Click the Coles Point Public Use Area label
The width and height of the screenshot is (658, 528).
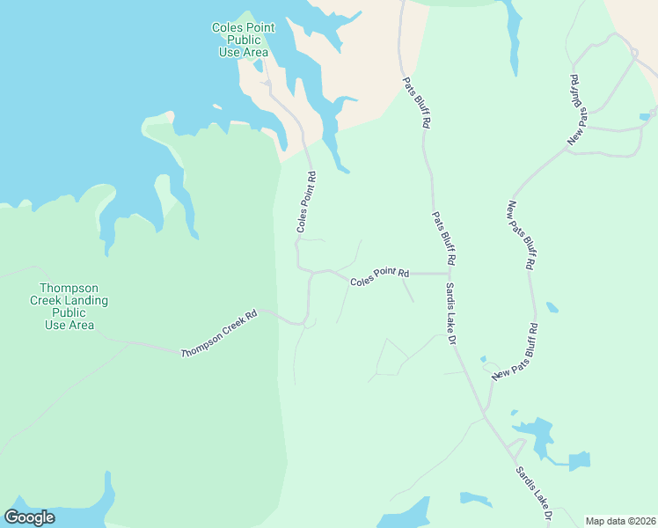point(244,40)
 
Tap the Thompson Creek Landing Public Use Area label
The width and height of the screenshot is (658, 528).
point(69,306)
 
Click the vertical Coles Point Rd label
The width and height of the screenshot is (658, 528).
point(305,202)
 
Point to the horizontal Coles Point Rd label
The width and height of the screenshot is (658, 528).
point(380,276)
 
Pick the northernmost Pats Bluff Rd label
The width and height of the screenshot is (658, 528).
point(416,104)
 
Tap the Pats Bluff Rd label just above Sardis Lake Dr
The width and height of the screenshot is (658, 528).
point(444,238)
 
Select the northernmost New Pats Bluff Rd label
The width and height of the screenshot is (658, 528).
point(577,109)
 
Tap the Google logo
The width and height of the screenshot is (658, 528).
point(29,517)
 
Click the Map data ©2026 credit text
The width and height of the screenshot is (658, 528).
point(620,521)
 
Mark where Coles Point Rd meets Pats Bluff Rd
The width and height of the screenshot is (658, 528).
point(450,274)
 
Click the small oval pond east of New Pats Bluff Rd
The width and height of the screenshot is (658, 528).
point(552,308)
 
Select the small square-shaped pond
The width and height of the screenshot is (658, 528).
point(579,461)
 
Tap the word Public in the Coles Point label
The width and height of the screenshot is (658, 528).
point(244,40)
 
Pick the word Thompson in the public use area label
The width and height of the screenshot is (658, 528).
point(69,289)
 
